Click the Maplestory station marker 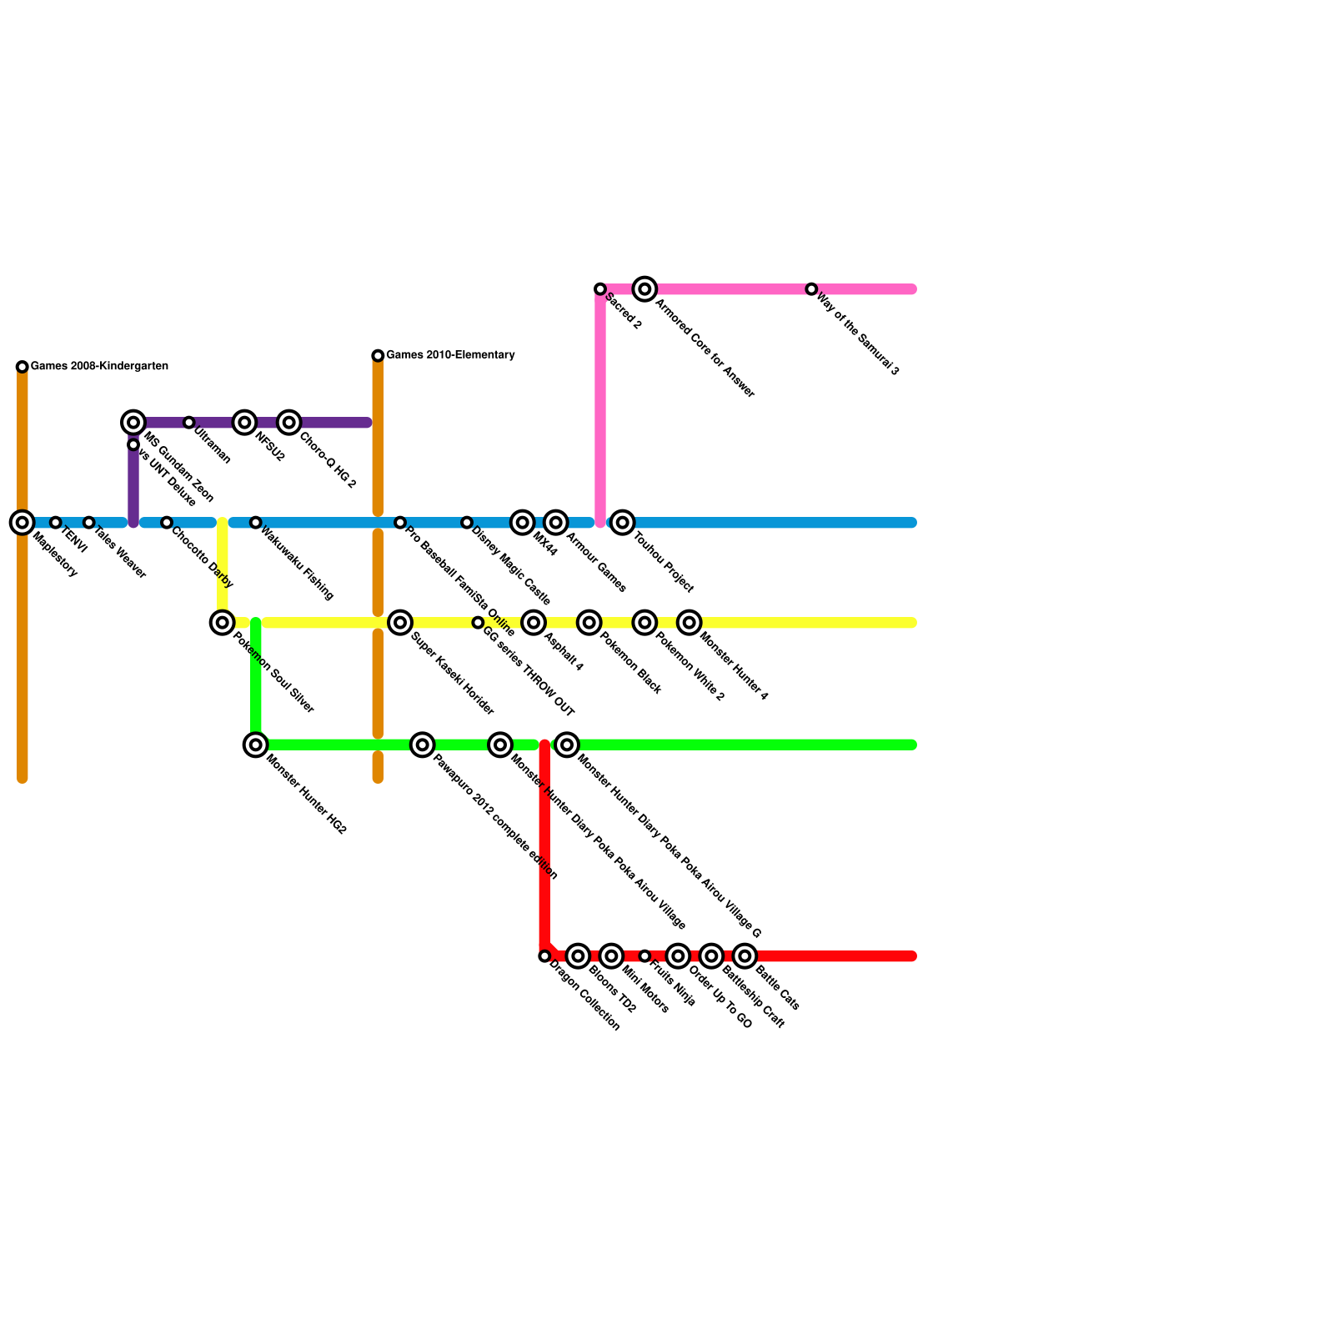[x=23, y=523]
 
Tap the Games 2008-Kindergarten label [x=99, y=367]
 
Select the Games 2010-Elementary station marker [x=378, y=356]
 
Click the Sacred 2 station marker [x=600, y=289]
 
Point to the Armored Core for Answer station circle [x=644, y=289]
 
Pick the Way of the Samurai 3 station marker [x=811, y=289]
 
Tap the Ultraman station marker [x=189, y=423]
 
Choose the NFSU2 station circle [x=244, y=423]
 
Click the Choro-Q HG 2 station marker [x=288, y=423]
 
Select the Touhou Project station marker [x=622, y=523]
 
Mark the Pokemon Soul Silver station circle [x=222, y=623]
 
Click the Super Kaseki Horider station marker [x=400, y=623]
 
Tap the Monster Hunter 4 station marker [x=689, y=623]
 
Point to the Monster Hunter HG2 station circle [x=256, y=745]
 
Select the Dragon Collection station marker [x=544, y=956]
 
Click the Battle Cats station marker [x=745, y=956]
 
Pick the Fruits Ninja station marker [x=644, y=956]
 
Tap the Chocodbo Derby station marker [x=167, y=523]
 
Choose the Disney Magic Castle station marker [x=467, y=523]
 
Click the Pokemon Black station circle [x=589, y=623]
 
